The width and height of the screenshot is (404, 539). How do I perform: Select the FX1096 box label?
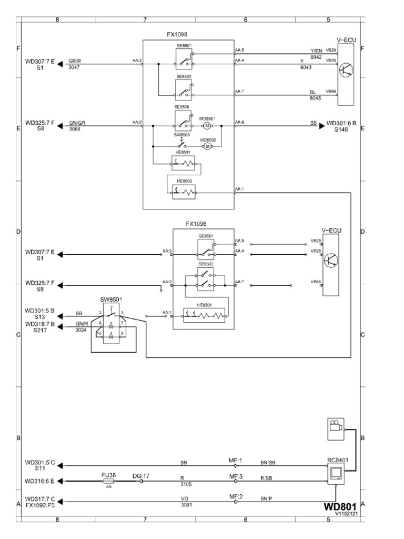coord(196,223)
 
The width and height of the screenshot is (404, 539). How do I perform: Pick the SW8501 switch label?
coord(111,300)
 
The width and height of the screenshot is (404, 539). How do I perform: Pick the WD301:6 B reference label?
coord(341,123)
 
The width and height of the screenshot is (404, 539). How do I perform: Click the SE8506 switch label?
coord(183,107)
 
